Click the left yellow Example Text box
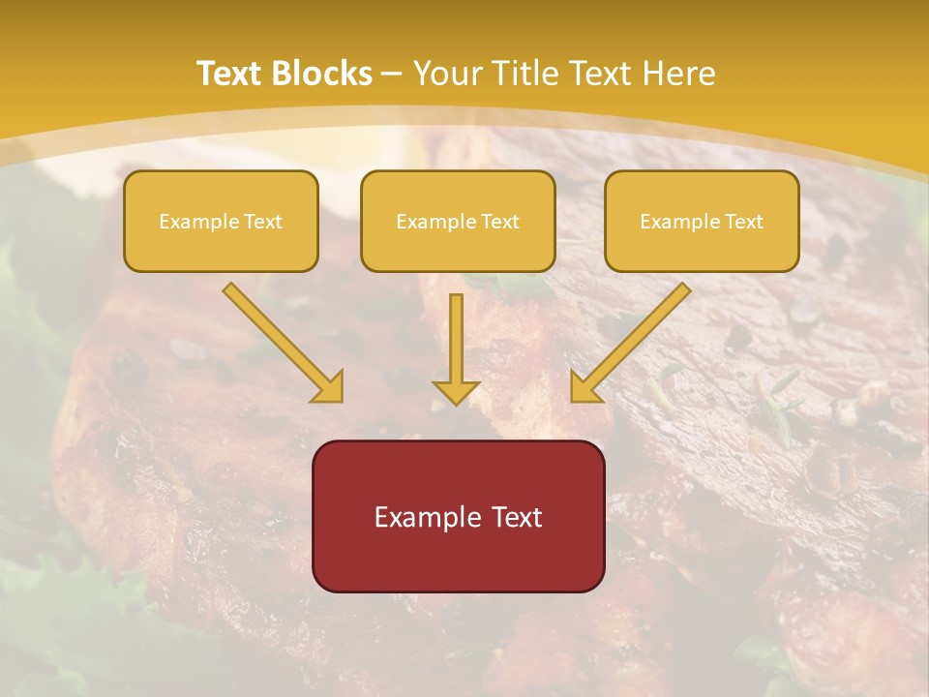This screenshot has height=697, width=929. point(221,222)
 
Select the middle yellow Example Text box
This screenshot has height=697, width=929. point(458,222)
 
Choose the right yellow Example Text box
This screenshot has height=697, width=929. point(702,222)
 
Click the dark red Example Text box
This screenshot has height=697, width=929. point(459,517)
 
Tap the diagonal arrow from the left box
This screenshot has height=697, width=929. point(281,341)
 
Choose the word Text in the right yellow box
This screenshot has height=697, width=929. point(743,222)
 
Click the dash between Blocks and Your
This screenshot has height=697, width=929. point(392,74)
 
